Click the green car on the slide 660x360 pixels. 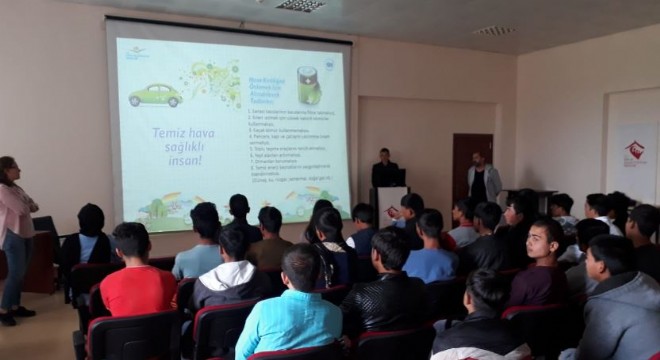point(155,95)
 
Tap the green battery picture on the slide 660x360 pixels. point(309,85)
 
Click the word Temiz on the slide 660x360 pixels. point(169,132)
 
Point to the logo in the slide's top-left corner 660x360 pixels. point(136,52)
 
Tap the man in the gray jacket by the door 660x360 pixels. point(483,180)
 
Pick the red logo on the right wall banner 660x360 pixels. point(635,151)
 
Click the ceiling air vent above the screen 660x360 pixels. point(300,6)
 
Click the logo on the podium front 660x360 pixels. point(391,211)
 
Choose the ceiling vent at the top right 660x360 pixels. point(494,31)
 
